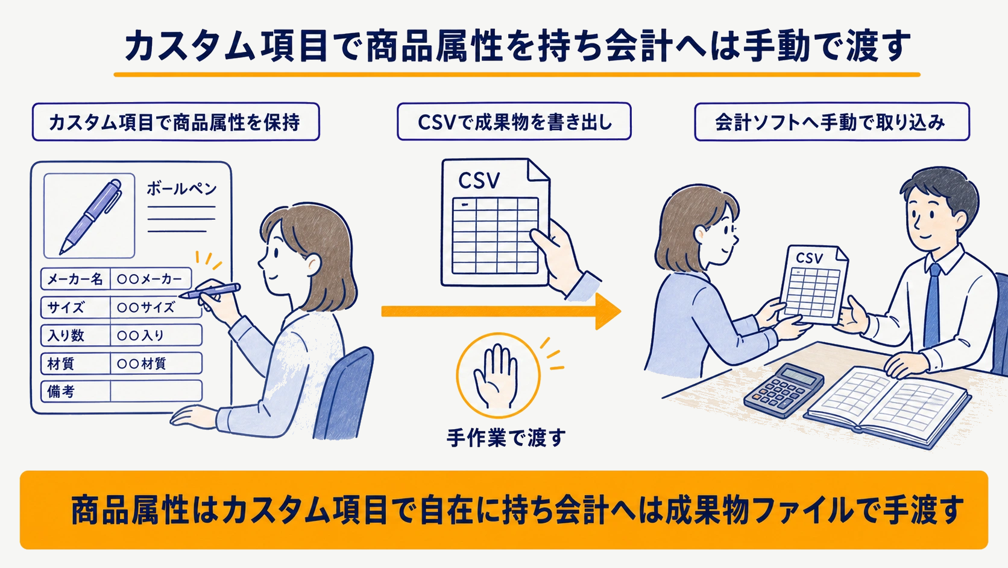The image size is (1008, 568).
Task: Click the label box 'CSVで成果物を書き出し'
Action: point(514,121)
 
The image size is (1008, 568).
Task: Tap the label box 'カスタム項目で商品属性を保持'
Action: point(175,122)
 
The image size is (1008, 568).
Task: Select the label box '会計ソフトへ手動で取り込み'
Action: point(831,122)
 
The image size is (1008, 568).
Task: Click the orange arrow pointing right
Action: point(501,311)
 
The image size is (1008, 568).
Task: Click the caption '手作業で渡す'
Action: point(506,438)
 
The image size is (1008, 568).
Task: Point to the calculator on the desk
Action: point(784,391)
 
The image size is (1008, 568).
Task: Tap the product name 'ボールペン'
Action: point(181,189)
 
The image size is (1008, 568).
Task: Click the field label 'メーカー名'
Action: point(75,279)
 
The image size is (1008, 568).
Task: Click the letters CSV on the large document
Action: point(479,180)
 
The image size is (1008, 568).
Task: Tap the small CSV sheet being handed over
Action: point(813,284)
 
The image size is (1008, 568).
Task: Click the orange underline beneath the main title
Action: point(517,74)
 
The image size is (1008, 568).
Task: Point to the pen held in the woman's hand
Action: point(210,291)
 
